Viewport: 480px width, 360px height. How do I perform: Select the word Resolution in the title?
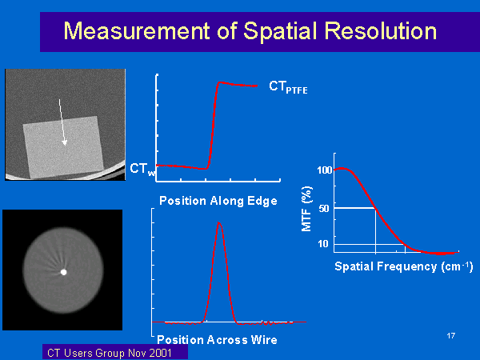(381, 30)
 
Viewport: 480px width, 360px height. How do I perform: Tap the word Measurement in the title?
(137, 30)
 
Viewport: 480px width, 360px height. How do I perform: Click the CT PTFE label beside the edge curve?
(288, 87)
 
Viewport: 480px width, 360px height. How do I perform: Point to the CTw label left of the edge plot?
(142, 169)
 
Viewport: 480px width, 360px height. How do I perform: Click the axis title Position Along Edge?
(218, 201)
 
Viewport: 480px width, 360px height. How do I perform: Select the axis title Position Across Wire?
(217, 340)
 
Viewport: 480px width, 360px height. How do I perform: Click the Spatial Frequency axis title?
(404, 266)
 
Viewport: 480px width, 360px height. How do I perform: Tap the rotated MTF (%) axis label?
(306, 209)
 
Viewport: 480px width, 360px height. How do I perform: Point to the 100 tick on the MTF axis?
(325, 170)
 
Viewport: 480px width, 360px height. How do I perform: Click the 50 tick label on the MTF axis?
(324, 209)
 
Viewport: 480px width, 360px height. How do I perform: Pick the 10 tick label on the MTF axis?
(323, 244)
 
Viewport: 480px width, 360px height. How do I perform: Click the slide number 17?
(450, 336)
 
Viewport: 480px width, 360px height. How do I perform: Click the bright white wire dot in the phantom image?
(64, 272)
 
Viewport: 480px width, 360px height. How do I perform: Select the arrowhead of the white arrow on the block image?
(64, 142)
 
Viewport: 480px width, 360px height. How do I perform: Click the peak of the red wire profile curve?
(218, 222)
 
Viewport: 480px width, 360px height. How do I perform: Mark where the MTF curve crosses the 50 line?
(376, 208)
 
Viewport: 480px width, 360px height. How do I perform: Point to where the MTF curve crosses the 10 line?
(405, 244)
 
